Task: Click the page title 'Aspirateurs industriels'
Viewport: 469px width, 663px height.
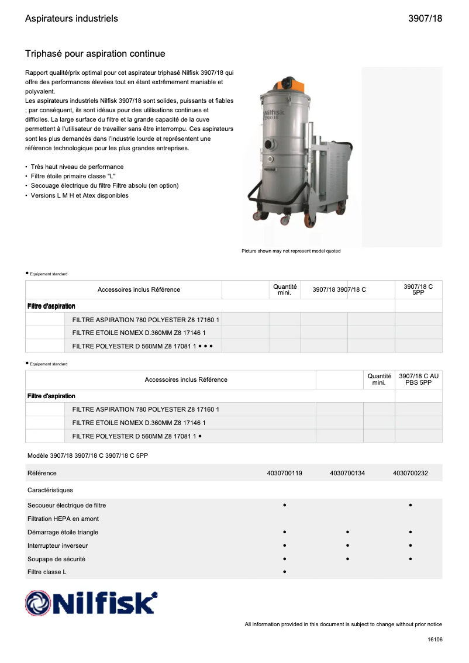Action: (71, 19)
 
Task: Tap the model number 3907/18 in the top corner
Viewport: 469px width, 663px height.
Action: (425, 19)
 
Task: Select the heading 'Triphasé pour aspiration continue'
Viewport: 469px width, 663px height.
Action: (95, 54)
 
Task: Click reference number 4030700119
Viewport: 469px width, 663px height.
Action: (284, 473)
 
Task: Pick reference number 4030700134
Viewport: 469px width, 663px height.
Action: (347, 473)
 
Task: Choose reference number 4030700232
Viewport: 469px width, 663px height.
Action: (411, 473)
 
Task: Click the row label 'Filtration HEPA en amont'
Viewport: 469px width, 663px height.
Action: (63, 519)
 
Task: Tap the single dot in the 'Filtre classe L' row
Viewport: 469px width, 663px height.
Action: (284, 572)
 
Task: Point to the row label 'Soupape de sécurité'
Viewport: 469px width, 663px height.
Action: (56, 559)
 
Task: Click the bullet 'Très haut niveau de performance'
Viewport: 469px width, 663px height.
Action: (77, 167)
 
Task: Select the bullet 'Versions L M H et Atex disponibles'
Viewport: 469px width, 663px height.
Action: (80, 195)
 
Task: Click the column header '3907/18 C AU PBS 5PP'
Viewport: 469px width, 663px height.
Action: (418, 379)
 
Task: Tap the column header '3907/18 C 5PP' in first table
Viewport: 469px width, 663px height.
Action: (418, 289)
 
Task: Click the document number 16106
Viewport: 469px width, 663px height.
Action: (434, 640)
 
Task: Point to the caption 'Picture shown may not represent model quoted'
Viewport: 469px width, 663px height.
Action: (291, 251)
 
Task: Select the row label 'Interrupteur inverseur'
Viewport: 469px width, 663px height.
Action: (57, 545)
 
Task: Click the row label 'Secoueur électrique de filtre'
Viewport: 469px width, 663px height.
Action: (67, 505)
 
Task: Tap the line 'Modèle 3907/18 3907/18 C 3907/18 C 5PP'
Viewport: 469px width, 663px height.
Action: (87, 455)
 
